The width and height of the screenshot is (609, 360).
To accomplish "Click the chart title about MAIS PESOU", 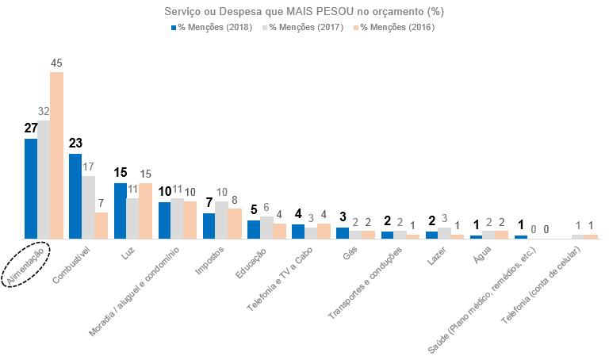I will point(303,12).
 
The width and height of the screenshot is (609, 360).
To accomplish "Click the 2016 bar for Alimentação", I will point(56,155).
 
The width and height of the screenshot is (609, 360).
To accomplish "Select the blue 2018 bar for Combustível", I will point(75,196).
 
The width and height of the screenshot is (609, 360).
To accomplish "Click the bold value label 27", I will point(31,128).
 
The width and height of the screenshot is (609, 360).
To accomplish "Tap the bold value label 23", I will point(75,144).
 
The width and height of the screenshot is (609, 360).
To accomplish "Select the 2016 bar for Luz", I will point(145,210).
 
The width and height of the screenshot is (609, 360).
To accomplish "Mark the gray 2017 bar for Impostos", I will point(221,220).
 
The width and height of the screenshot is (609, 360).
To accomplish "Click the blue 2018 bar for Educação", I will point(254,229).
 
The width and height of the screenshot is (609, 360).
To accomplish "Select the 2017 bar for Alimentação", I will point(44,179).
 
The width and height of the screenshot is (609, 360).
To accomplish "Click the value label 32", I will point(44,112).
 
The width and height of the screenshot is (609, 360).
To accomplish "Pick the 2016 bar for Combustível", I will point(101,225).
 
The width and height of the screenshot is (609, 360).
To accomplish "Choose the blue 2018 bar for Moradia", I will point(164,220).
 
